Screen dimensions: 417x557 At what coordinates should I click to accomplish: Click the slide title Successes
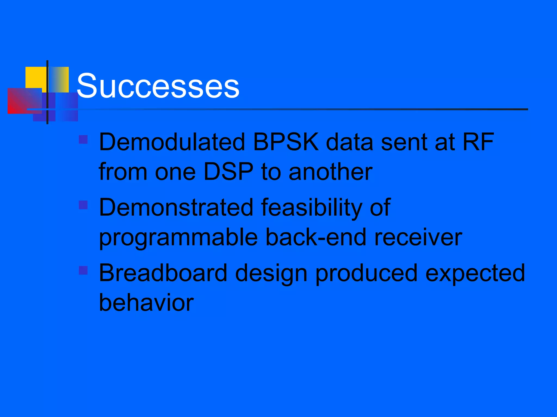(x=158, y=86)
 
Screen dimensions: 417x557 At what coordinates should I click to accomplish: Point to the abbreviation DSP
(x=228, y=172)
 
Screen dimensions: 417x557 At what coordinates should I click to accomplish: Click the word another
(x=330, y=172)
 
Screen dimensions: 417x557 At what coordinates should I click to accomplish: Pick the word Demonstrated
(x=176, y=207)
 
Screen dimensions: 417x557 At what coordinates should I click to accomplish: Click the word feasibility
(x=311, y=208)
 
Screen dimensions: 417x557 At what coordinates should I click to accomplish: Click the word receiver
(x=418, y=237)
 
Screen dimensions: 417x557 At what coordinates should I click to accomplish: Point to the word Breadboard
(x=163, y=273)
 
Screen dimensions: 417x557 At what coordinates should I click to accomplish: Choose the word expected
(x=475, y=273)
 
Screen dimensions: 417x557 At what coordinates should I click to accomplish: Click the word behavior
(x=146, y=302)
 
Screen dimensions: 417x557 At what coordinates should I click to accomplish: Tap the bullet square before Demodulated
(x=83, y=140)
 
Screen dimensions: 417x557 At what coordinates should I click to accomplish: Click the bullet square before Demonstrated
(x=83, y=205)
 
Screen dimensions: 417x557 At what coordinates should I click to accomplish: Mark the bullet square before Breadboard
(x=83, y=270)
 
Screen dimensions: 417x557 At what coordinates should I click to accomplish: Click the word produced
(x=366, y=273)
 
